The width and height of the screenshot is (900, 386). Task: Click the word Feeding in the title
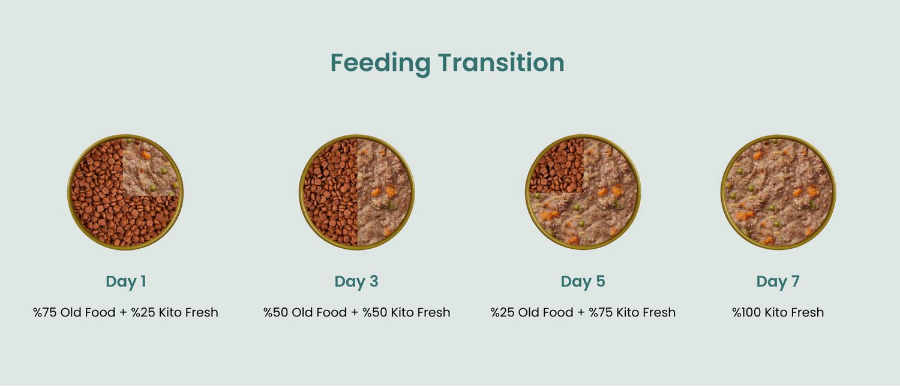(380, 64)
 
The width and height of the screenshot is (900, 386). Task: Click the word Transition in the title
(501, 62)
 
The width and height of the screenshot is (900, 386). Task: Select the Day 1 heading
(126, 282)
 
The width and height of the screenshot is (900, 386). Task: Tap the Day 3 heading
(356, 282)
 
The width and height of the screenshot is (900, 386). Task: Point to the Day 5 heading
(583, 282)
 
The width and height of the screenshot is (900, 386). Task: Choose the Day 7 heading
(778, 282)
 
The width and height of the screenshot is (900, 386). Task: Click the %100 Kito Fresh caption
(778, 312)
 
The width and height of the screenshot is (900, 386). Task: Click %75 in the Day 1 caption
(45, 312)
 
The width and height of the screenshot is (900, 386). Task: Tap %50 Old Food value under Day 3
(305, 312)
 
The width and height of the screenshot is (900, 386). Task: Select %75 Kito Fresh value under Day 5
(632, 312)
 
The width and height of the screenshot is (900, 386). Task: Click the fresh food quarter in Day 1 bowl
(149, 168)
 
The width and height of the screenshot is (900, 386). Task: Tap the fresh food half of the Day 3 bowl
(384, 192)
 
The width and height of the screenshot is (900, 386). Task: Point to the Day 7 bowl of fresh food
(778, 192)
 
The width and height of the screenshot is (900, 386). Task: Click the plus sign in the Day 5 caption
(581, 312)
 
